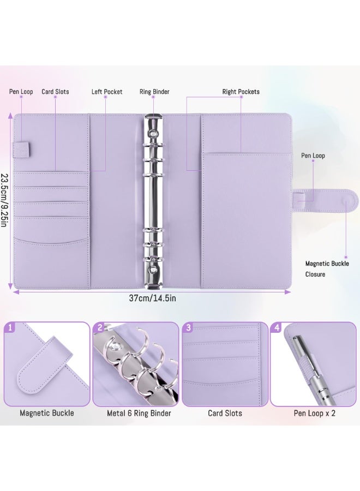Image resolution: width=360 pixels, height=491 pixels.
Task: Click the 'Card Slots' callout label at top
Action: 55,92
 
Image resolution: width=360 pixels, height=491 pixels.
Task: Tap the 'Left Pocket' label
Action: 107,92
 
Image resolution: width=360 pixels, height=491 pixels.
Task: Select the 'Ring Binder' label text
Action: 154,92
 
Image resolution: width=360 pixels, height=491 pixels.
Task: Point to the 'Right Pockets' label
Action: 241,92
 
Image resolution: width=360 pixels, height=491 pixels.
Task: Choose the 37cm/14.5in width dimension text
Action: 152,298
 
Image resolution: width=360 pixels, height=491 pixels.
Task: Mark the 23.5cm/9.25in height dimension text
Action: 4,201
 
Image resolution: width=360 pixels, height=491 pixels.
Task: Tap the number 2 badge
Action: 99,328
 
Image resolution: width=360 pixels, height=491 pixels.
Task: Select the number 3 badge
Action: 188,328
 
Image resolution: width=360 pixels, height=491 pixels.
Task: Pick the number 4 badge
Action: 277,328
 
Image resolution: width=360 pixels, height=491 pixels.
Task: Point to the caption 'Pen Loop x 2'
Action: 315,413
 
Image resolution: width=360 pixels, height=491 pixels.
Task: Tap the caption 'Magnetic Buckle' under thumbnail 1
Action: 47,413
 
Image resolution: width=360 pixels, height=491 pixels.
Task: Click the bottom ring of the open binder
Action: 153,257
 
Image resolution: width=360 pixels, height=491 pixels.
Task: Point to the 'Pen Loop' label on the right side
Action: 313,155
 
